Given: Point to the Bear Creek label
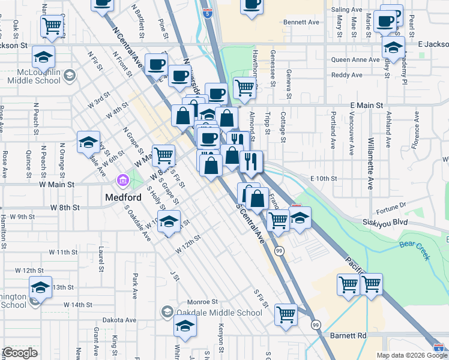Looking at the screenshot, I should pos(415,250).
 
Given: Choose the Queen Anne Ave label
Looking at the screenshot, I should pos(355,59).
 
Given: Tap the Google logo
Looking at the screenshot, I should pos(19,353).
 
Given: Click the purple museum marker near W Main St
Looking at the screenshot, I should pos(122,180).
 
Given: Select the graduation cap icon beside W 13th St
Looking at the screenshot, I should pos(41,289).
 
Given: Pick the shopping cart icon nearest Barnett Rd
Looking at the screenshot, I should pos(286,314).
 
